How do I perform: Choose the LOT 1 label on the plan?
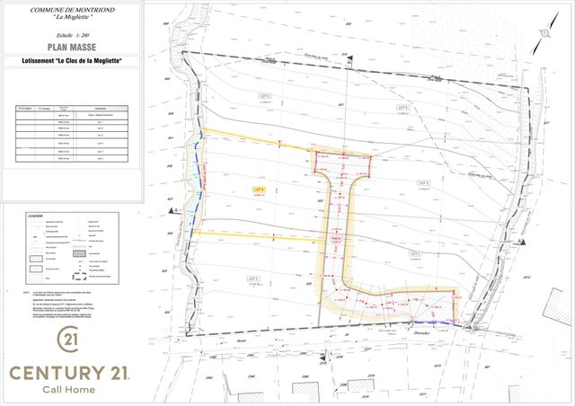click(x=252, y=278)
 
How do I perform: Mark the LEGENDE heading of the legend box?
click(x=37, y=216)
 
